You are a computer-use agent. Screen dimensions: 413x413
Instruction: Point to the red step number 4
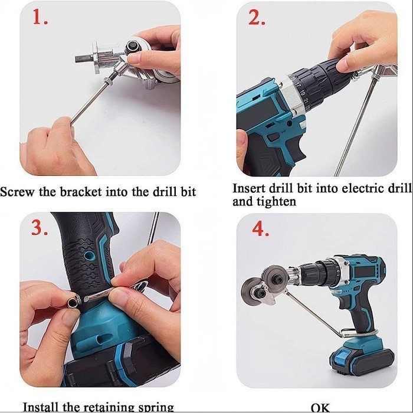(x=261, y=229)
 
